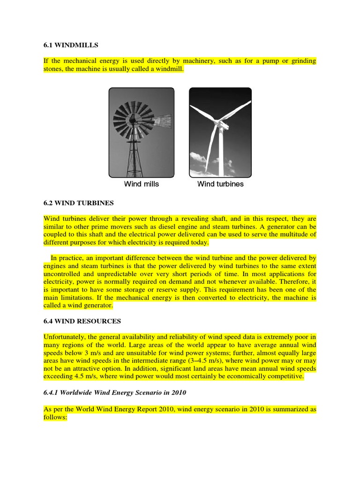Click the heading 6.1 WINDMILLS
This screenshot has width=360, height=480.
tap(71, 45)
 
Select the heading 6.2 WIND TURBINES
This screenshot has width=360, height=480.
tap(79, 203)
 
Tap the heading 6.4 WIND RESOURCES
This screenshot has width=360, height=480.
tap(82, 321)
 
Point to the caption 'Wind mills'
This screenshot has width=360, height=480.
tap(141, 184)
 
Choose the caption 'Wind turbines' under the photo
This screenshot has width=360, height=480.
tap(220, 184)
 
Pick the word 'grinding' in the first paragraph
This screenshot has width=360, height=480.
tap(301, 61)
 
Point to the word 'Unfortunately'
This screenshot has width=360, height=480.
tap(65, 337)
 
